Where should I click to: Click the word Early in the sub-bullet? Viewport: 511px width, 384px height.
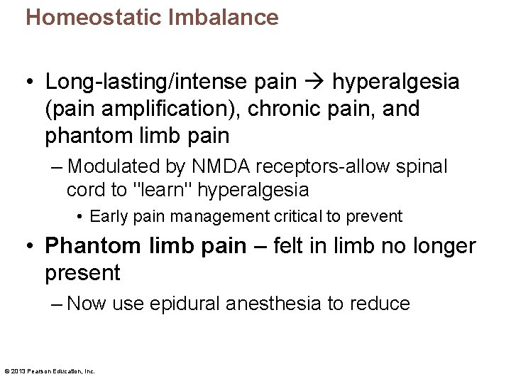tap(108, 216)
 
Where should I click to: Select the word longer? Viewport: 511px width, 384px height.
tap(441, 246)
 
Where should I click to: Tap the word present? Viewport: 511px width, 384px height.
tap(82, 272)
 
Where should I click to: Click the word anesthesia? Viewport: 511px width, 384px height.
tap(273, 304)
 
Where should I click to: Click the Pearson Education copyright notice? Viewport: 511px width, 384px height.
tap(50, 370)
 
